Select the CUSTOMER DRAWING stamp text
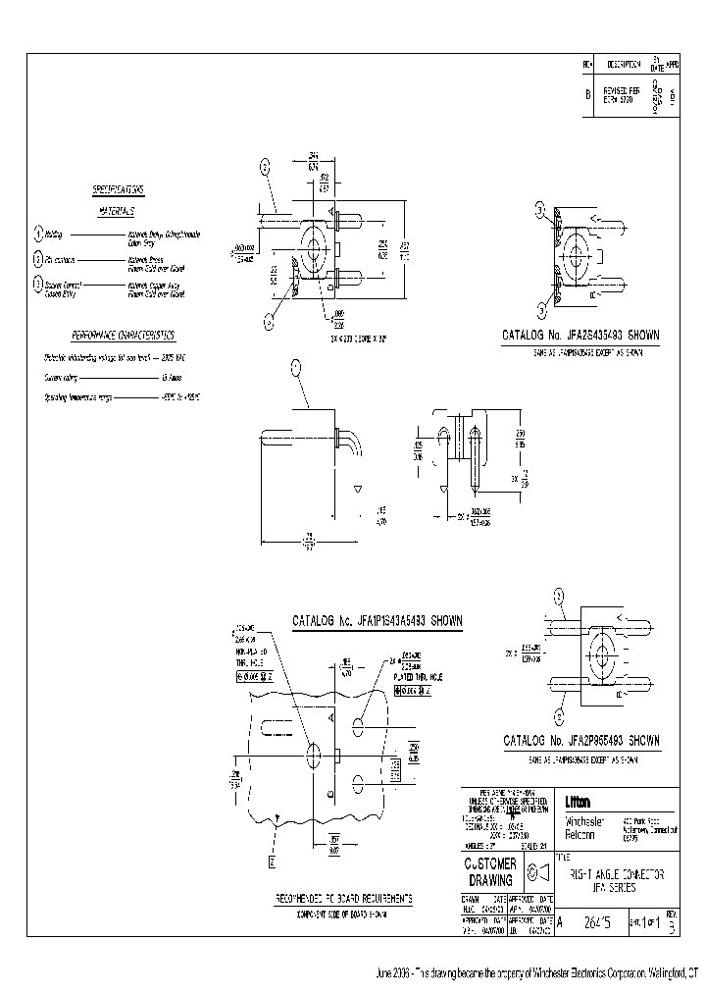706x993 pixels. pyautogui.click(x=490, y=871)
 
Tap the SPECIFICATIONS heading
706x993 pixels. pyautogui.click(x=118, y=188)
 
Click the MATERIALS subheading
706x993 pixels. pyautogui.click(x=117, y=211)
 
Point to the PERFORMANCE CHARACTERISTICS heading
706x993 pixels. pyautogui.click(x=122, y=334)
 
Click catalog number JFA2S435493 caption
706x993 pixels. pyautogui.click(x=580, y=335)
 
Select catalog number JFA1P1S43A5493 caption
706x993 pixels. pyautogui.click(x=377, y=621)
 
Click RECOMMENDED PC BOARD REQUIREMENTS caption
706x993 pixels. pyautogui.click(x=343, y=898)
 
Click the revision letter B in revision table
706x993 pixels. pyautogui.click(x=587, y=95)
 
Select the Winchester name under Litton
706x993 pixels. pyautogui.click(x=582, y=820)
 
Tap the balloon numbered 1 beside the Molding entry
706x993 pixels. pyautogui.click(x=37, y=234)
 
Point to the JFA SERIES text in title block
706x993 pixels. pyautogui.click(x=615, y=886)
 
